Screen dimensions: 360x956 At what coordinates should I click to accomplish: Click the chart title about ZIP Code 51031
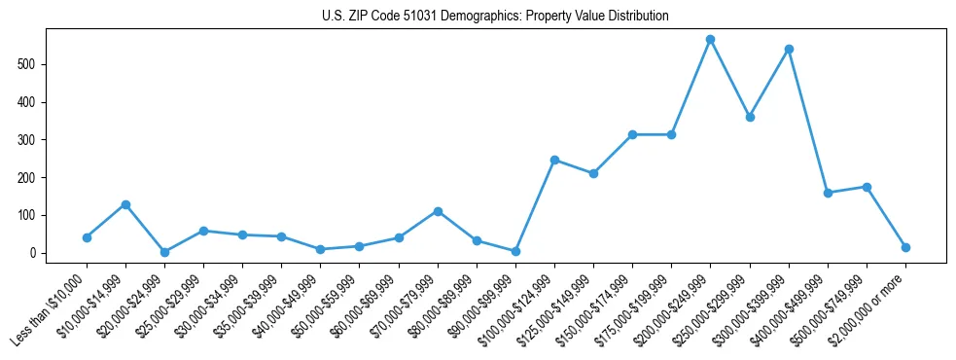click(495, 17)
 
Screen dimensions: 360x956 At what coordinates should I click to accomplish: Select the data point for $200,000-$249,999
click(710, 40)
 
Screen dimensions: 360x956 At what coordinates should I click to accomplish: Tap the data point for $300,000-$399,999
click(789, 49)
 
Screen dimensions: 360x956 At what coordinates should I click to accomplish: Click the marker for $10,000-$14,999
click(125, 204)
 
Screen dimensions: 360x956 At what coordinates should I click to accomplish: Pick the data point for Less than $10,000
click(87, 237)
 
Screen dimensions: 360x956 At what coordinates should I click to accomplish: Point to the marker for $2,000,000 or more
click(905, 247)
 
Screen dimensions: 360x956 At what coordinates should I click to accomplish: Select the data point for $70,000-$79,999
click(438, 211)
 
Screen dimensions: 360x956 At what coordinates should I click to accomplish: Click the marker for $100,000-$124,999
click(554, 160)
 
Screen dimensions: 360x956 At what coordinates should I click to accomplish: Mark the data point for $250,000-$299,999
click(749, 117)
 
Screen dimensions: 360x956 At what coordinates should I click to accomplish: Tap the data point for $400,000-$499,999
click(828, 193)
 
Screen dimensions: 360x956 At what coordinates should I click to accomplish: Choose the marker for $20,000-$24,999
click(164, 252)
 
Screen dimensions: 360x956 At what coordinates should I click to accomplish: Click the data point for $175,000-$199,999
click(671, 134)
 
